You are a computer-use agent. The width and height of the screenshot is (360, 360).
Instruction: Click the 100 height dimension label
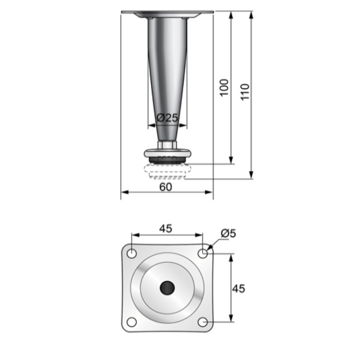point(224,87)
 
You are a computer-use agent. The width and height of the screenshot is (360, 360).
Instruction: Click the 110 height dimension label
point(245,92)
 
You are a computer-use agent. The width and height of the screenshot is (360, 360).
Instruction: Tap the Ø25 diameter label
point(168,117)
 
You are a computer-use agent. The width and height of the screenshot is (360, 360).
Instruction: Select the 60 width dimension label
point(166,187)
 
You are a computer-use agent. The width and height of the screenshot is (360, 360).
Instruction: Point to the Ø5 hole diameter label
point(228,233)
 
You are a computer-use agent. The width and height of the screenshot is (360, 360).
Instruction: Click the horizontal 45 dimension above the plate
point(166,228)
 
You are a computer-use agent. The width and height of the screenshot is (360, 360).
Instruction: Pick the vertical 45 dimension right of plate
point(238,288)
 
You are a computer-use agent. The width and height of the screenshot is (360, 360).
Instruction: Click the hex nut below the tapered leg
point(167,145)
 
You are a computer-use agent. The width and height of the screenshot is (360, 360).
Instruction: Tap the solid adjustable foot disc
point(167,154)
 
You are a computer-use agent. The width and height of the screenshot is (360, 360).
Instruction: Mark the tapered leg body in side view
point(167,72)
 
